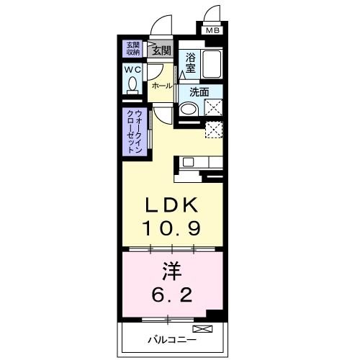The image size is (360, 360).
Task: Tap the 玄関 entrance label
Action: point(161,50)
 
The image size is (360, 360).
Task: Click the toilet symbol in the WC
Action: point(133,85)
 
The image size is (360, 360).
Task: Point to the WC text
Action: point(133,70)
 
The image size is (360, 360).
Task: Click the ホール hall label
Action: point(161,86)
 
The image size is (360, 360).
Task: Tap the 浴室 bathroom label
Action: point(190,62)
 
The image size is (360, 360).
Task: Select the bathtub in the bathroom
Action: point(212,66)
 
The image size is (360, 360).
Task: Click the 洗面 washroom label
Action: point(199,91)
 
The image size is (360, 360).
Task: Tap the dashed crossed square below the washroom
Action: point(214,130)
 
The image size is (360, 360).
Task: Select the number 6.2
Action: point(171,294)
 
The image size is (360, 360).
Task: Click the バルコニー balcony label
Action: point(168,338)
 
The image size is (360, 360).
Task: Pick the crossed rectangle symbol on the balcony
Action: point(209,330)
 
